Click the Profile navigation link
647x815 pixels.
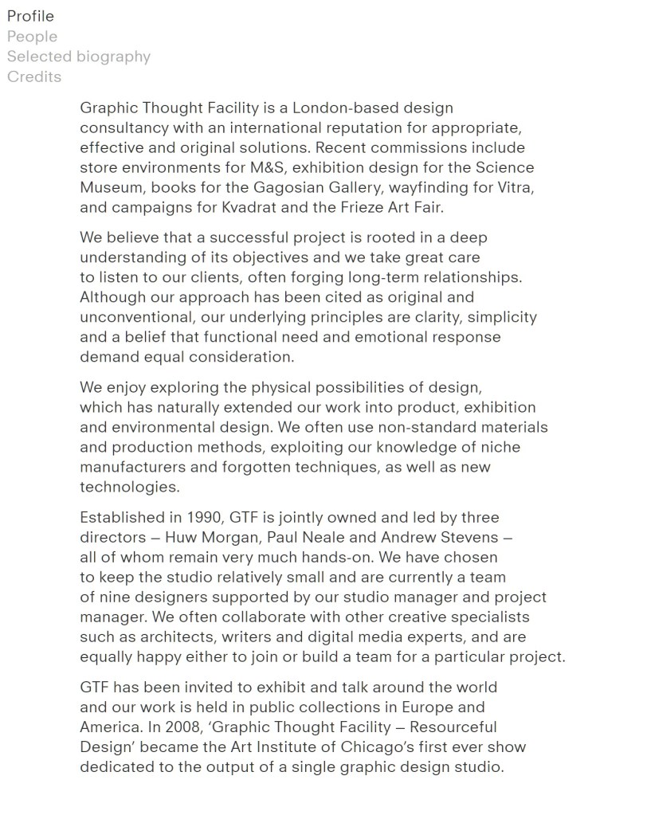click(x=30, y=16)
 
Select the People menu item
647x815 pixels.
click(x=32, y=37)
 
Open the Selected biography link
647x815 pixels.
click(x=78, y=57)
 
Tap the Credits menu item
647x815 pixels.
click(x=34, y=77)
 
